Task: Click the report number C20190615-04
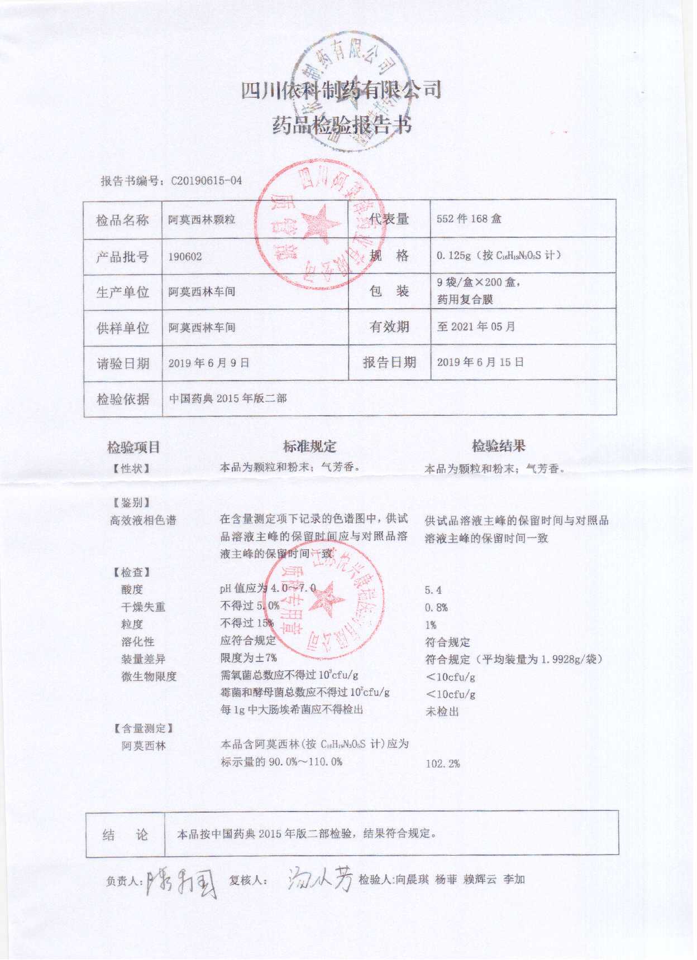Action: click(207, 181)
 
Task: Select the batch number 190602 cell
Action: click(185, 257)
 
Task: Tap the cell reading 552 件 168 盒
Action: click(469, 219)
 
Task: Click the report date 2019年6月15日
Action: click(480, 362)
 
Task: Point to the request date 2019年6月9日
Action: click(208, 363)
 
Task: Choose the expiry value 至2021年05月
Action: click(476, 327)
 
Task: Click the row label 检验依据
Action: click(123, 399)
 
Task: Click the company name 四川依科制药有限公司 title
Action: click(341, 90)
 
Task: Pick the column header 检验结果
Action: click(498, 446)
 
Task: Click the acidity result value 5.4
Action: click(433, 590)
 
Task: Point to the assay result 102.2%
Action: click(442, 764)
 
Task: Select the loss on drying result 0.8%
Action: click(436, 607)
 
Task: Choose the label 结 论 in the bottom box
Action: click(125, 835)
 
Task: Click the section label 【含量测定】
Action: click(144, 728)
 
